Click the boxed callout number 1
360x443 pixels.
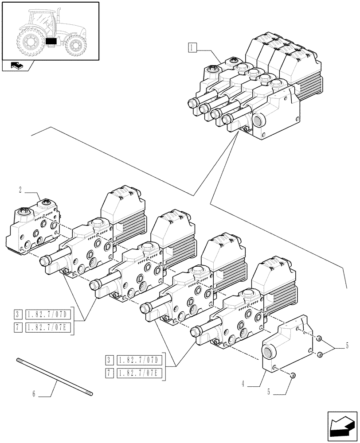click(x=192, y=46)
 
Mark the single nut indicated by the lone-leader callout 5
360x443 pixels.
click(x=293, y=376)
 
